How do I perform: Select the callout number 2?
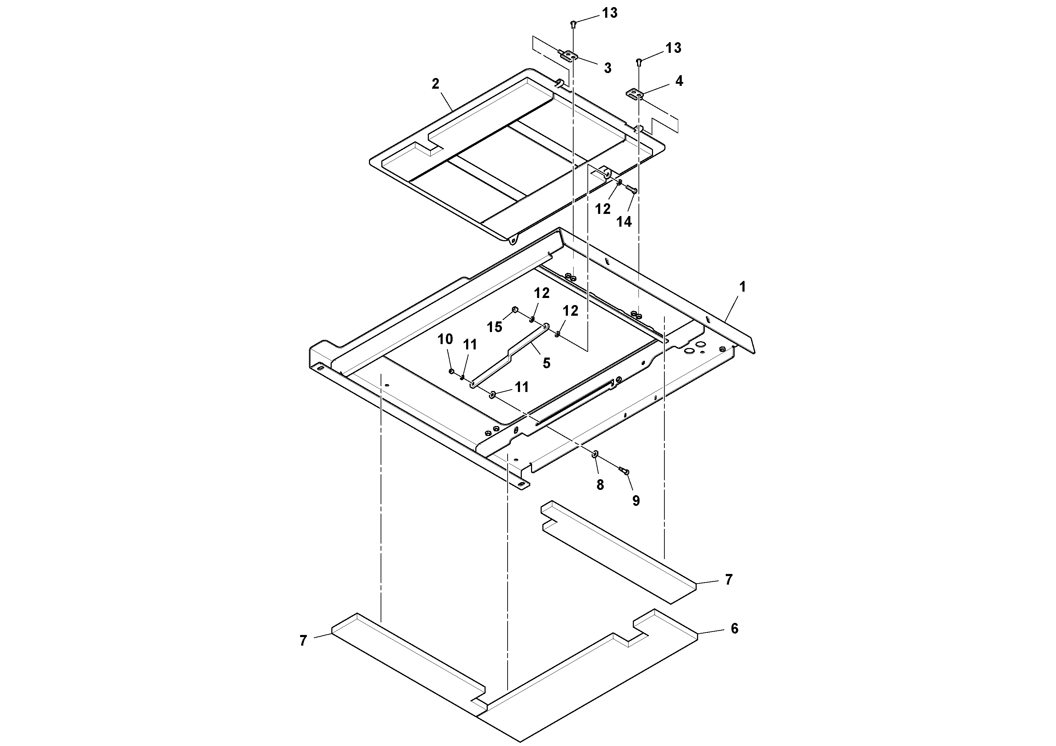pos(435,84)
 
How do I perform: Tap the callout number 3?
pos(608,68)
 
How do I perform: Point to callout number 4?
pos(679,81)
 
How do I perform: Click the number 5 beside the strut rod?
pos(546,363)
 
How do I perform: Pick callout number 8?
pos(600,485)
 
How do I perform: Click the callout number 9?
pos(636,501)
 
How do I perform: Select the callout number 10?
pos(445,339)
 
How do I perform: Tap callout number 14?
pos(624,222)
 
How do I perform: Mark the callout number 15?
pos(494,327)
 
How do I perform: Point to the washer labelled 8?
pos(595,454)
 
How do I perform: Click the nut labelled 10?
pos(452,371)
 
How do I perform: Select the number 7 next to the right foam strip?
pos(729,580)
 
